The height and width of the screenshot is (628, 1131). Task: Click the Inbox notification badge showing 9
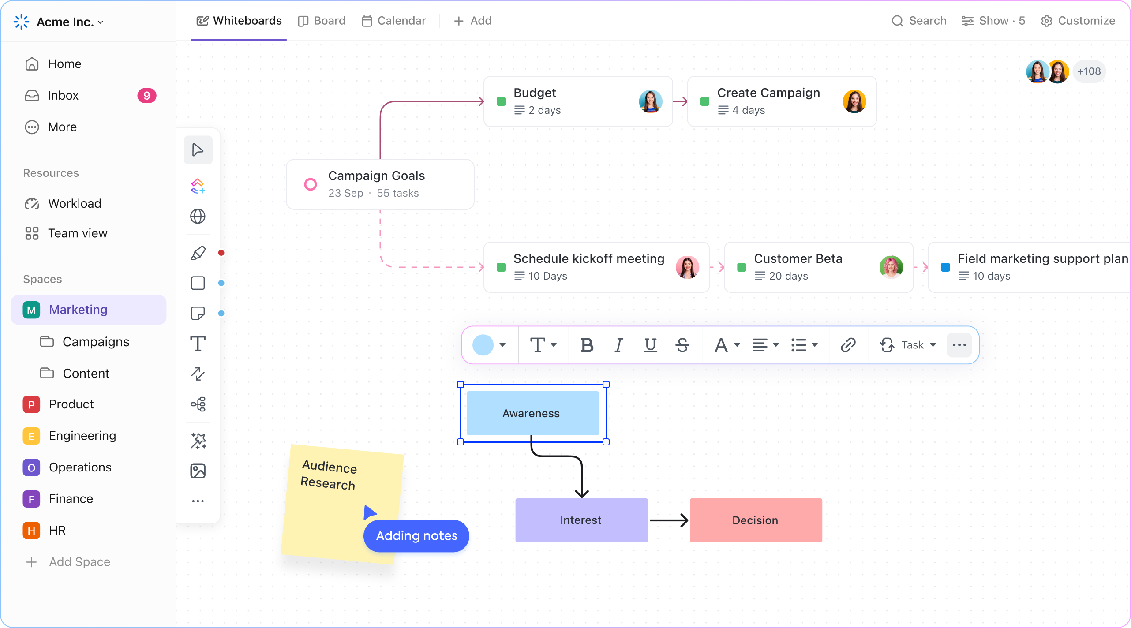146,96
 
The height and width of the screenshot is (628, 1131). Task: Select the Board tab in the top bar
322,21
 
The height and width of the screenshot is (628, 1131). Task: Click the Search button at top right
919,21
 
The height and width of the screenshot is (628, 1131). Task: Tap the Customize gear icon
1046,21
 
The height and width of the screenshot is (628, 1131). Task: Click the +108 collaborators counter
1089,71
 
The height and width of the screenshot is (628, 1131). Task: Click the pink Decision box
756,520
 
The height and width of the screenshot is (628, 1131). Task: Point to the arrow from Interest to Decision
669,520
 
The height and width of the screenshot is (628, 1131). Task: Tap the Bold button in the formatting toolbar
587,345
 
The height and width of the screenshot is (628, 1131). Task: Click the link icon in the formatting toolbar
848,345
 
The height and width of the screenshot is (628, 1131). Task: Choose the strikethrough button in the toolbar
682,345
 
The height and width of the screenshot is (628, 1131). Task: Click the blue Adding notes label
416,536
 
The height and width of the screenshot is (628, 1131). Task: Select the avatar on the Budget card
650,101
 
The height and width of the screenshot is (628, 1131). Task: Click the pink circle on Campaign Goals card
311,184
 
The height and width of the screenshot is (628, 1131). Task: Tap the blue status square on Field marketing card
945,267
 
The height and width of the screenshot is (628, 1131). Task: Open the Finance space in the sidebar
71,499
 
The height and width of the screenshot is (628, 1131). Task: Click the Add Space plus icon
31,562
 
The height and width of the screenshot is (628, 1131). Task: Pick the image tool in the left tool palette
198,471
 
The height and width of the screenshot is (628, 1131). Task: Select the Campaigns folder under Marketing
96,342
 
